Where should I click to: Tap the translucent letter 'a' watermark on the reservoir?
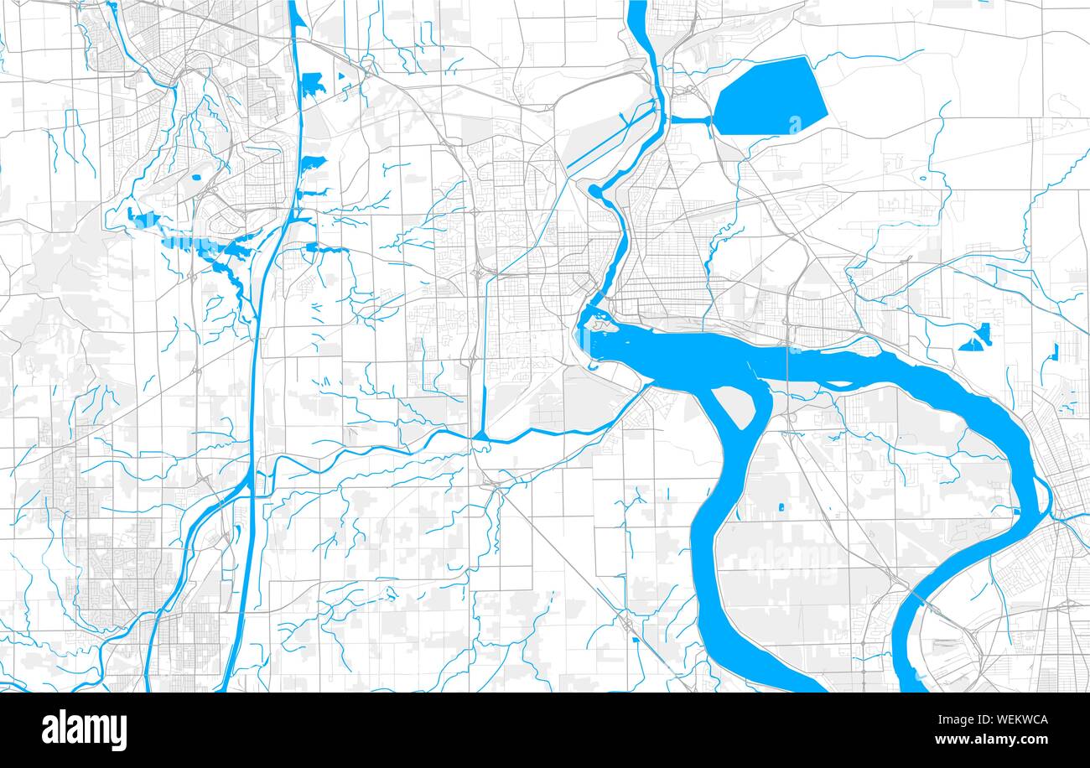tap(794, 124)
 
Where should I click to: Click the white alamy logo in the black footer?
tap(84, 730)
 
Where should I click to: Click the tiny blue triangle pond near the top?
tap(341, 75)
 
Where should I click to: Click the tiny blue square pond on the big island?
tap(781, 507)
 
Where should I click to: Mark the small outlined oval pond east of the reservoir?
tap(925, 177)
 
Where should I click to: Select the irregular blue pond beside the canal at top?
tap(312, 82)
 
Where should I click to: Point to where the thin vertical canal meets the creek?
tap(485, 436)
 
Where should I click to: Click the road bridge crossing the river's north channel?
tap(787, 369)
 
